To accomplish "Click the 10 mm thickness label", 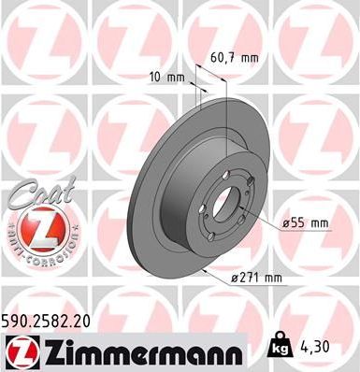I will (x=166, y=78).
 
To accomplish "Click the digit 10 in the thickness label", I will (x=156, y=78).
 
